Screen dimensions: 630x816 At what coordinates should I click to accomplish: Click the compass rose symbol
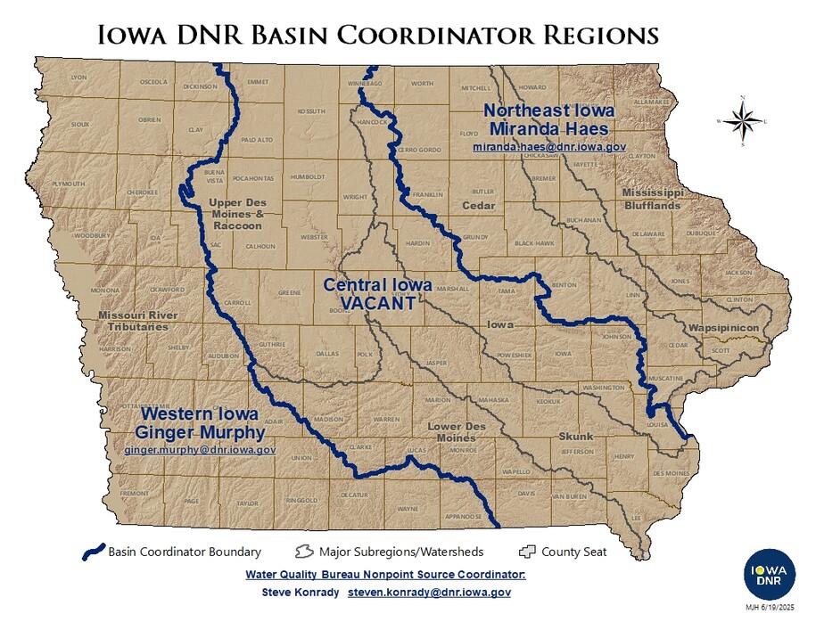pos(742,120)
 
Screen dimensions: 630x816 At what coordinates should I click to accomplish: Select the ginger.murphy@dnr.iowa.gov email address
pos(200,451)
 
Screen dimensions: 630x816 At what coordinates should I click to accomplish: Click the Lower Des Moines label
pos(451,432)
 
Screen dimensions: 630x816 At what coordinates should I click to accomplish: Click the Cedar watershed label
pos(478,206)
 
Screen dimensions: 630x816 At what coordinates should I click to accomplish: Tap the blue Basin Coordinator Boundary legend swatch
pos(93,552)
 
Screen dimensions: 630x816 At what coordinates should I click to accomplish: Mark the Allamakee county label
pos(650,102)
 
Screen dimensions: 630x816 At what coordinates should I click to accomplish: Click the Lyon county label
pos(78,78)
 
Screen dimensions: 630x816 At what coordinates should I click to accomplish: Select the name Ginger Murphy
pos(200,433)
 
